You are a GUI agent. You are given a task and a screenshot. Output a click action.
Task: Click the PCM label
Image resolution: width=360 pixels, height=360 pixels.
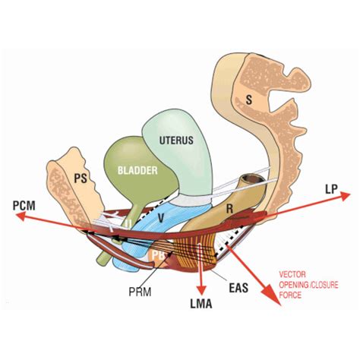(x=27, y=204)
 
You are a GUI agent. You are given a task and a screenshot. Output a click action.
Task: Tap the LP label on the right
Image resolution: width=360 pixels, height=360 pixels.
(x=330, y=188)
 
